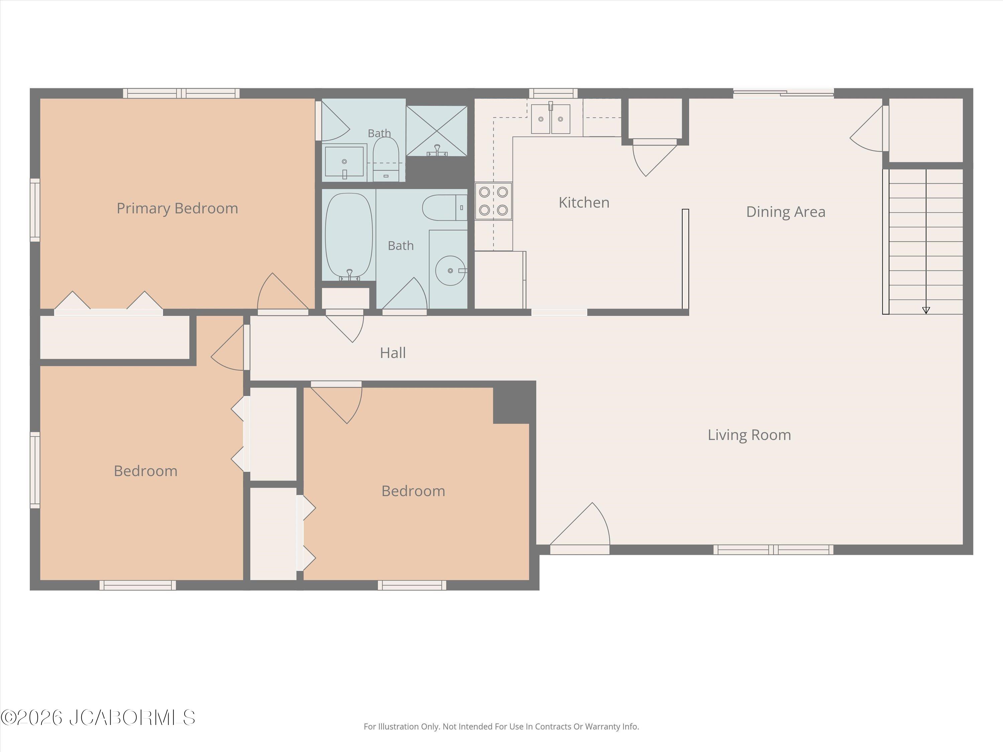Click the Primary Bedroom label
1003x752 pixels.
(x=177, y=208)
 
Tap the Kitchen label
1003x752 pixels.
(x=584, y=202)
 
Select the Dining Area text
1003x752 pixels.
(x=786, y=212)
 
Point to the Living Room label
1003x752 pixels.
(x=749, y=435)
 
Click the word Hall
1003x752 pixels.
(x=393, y=353)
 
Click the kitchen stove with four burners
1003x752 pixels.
(x=493, y=201)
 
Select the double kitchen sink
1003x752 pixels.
(x=550, y=118)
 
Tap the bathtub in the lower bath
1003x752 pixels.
(x=349, y=236)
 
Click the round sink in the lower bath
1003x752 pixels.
(x=451, y=271)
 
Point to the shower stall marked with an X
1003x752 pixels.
(x=436, y=131)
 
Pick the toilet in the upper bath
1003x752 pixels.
(x=386, y=159)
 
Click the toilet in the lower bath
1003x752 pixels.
(x=445, y=208)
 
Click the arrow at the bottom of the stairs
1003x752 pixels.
(x=926, y=310)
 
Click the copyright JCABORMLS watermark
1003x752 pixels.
(x=98, y=718)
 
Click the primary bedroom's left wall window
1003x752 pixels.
(x=35, y=210)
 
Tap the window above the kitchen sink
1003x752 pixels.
(x=553, y=93)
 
